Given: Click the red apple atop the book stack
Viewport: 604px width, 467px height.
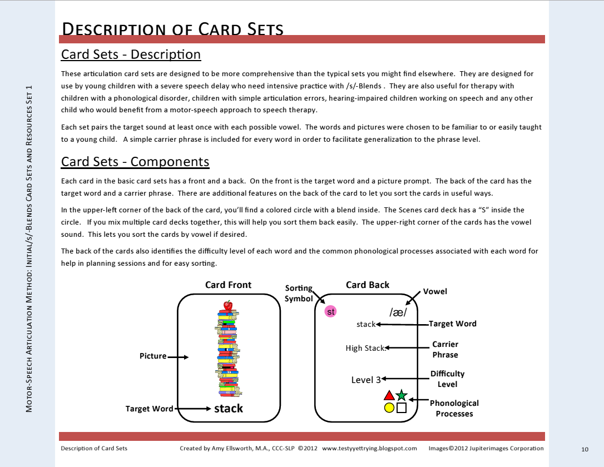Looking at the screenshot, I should tap(227, 305).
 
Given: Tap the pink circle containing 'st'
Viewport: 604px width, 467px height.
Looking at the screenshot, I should tap(331, 312).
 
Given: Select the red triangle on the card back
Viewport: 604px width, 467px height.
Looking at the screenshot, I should tap(389, 396).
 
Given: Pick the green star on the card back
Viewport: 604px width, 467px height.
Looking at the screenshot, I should tap(402, 396).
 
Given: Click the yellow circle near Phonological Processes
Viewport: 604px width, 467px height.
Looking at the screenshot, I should tap(389, 408).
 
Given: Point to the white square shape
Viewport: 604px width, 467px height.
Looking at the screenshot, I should tap(402, 408).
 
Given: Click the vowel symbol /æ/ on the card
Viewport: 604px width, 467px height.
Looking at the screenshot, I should tap(398, 312).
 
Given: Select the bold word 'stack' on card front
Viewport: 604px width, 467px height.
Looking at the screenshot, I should tap(229, 409).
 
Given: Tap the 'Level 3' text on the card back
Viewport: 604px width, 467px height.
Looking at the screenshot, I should tap(366, 380).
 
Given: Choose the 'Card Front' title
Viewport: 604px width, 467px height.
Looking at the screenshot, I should tap(228, 285).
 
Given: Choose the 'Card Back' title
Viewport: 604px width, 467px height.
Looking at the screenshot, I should tap(368, 285).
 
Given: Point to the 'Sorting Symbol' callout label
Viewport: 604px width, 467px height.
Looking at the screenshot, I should tap(299, 293).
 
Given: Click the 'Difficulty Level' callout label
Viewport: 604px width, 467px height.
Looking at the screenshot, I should tap(447, 379).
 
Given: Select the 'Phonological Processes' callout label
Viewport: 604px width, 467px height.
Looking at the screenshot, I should tap(454, 408).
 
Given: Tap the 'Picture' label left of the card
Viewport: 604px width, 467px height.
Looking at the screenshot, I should tap(153, 356).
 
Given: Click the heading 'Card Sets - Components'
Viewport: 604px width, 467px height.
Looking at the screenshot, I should tap(135, 162).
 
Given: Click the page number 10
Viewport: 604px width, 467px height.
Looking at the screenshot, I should tap(585, 449).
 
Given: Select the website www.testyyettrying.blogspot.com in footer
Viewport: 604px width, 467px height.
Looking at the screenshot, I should tap(369, 448).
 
